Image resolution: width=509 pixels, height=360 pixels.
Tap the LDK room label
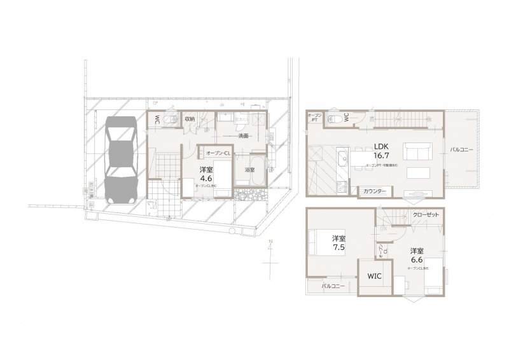click(x=381, y=145)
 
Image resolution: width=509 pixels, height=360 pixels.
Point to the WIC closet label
click(x=373, y=277)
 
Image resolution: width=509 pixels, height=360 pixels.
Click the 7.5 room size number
click(x=338, y=248)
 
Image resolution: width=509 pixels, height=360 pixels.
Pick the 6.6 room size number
click(x=417, y=260)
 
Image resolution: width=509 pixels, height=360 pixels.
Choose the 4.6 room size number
click(x=206, y=179)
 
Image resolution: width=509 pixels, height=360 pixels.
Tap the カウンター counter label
click(x=374, y=191)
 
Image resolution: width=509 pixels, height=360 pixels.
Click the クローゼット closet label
click(x=425, y=215)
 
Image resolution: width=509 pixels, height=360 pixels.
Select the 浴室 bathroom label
click(x=250, y=170)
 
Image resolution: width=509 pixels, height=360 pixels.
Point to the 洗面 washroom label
click(x=243, y=136)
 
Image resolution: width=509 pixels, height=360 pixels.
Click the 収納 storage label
click(x=190, y=118)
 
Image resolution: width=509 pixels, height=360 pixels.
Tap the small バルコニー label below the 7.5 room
click(x=333, y=287)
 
